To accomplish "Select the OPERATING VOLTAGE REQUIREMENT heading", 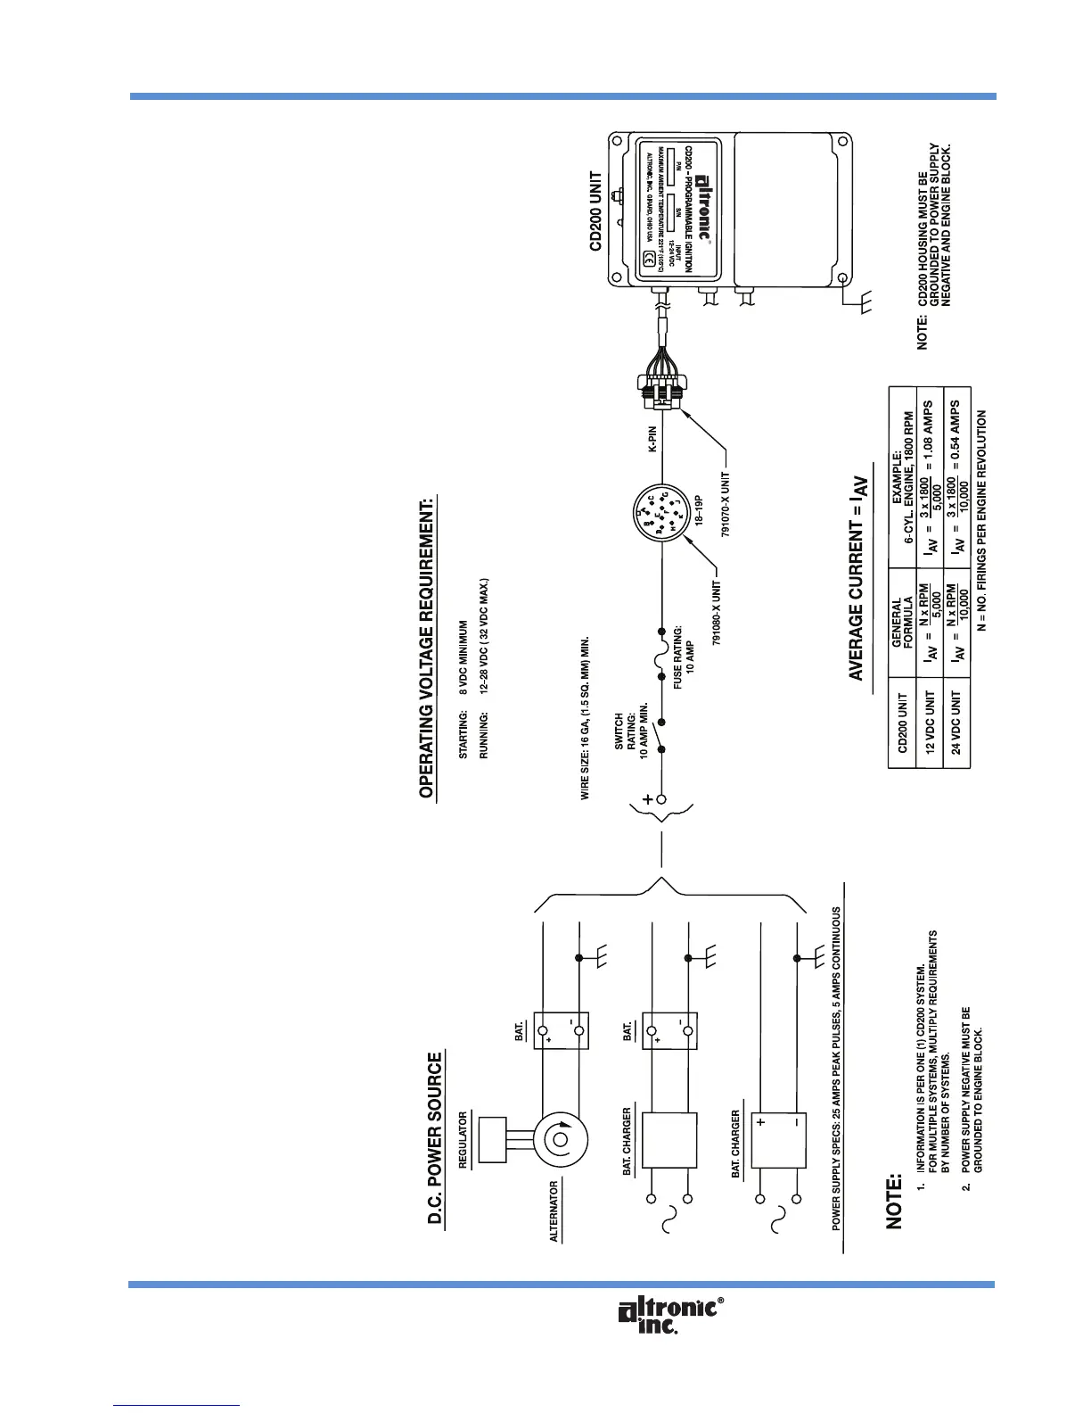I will [426, 646].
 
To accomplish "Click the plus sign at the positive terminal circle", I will [646, 800].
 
